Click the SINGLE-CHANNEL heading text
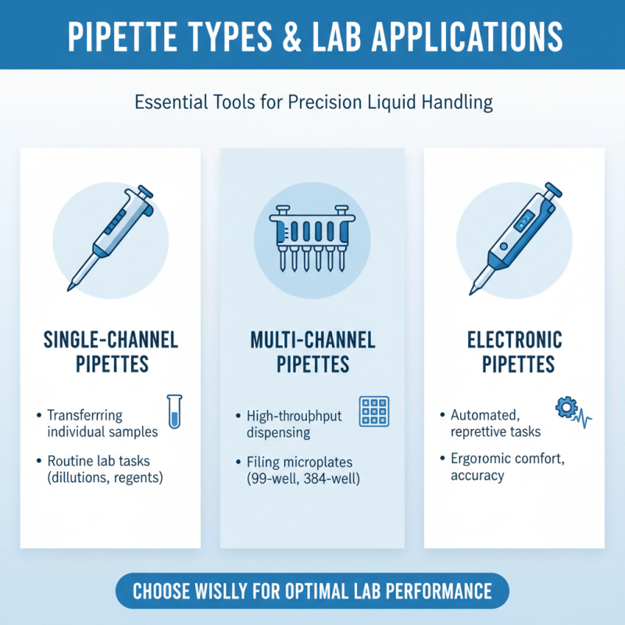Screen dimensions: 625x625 tap(109, 340)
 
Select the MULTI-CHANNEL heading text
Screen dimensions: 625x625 tap(312, 340)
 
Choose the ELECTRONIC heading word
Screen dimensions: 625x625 tap(514, 340)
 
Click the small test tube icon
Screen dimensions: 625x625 tap(174, 411)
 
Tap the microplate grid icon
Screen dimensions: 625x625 tap(373, 412)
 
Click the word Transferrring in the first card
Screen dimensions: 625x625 tap(85, 415)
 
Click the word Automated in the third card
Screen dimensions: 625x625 tap(481, 415)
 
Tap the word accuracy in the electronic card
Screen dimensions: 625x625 tap(477, 475)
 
